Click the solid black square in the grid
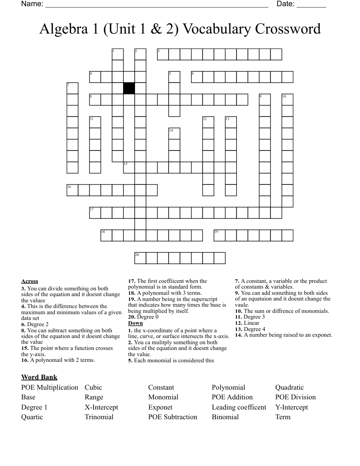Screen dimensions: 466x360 click(x=129, y=88)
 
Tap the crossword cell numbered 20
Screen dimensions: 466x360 click(x=140, y=258)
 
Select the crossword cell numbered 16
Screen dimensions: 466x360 click(x=72, y=190)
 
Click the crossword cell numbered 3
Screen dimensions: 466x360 click(x=163, y=54)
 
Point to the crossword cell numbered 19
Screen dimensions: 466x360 click(x=219, y=235)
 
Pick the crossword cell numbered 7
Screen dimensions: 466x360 click(x=72, y=88)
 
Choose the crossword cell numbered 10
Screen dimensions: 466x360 click(x=287, y=100)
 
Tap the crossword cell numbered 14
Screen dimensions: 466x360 click(x=174, y=133)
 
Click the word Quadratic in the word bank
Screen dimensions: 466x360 click(x=289, y=387)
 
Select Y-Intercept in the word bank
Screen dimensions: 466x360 click(x=292, y=407)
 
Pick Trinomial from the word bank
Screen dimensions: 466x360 click(x=99, y=417)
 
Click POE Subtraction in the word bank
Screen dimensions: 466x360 click(x=172, y=417)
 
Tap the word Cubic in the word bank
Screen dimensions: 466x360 click(x=93, y=387)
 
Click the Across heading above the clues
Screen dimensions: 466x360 click(x=30, y=281)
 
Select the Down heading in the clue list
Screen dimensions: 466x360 click(x=135, y=323)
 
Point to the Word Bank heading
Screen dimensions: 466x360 click(x=39, y=377)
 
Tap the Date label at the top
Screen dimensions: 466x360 click(x=285, y=4)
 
